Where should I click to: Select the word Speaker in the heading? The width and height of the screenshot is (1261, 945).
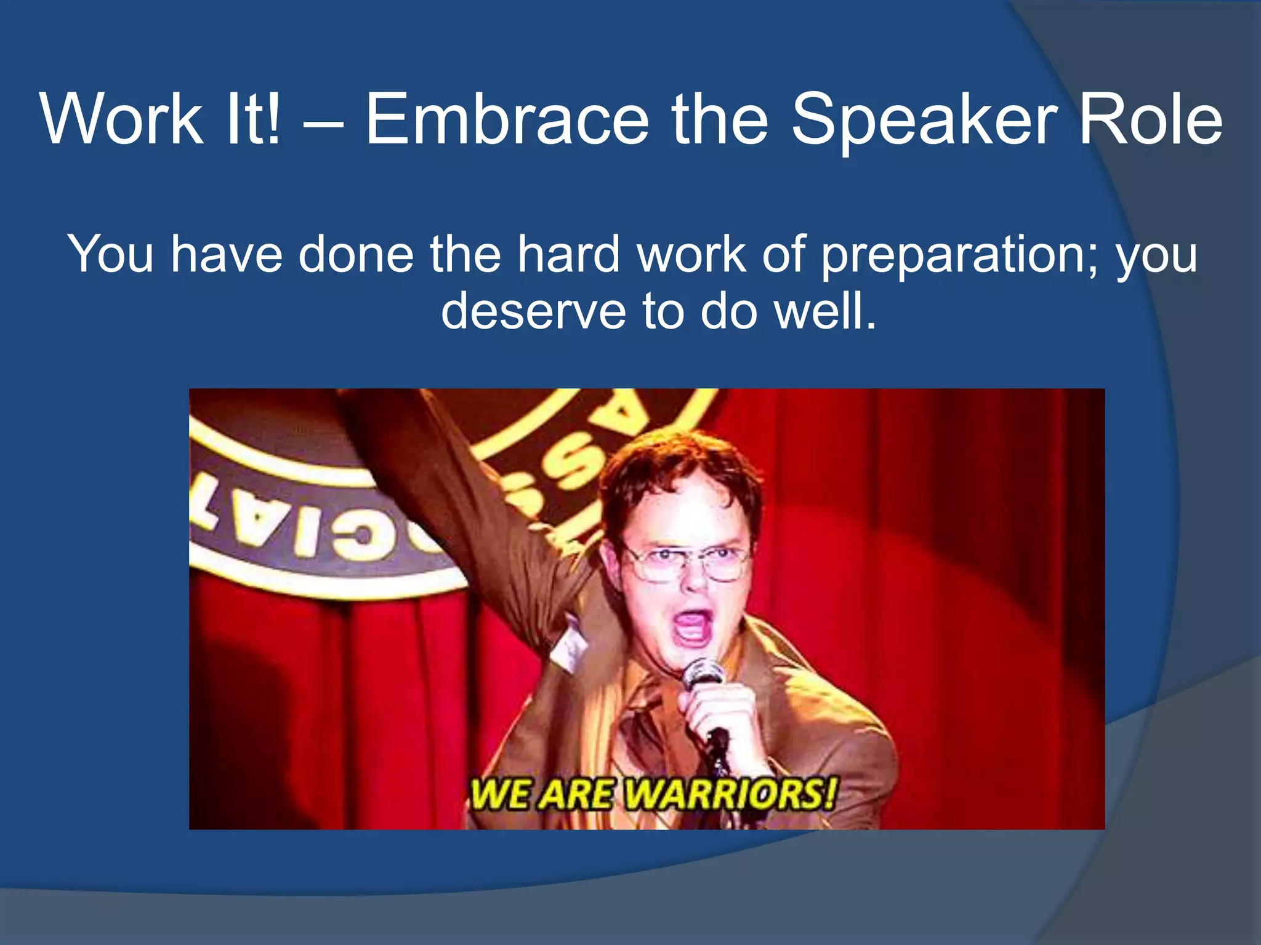[x=924, y=120]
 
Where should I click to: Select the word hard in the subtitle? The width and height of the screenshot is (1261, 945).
[x=568, y=253]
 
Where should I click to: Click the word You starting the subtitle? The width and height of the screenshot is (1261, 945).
[x=110, y=253]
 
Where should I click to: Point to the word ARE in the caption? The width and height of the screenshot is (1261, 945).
[x=576, y=794]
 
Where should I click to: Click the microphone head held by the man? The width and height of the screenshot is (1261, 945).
[x=703, y=674]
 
